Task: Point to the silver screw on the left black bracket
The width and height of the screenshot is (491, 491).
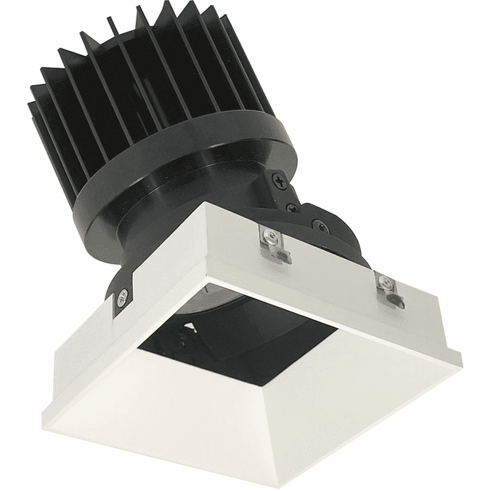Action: coord(123,295)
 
